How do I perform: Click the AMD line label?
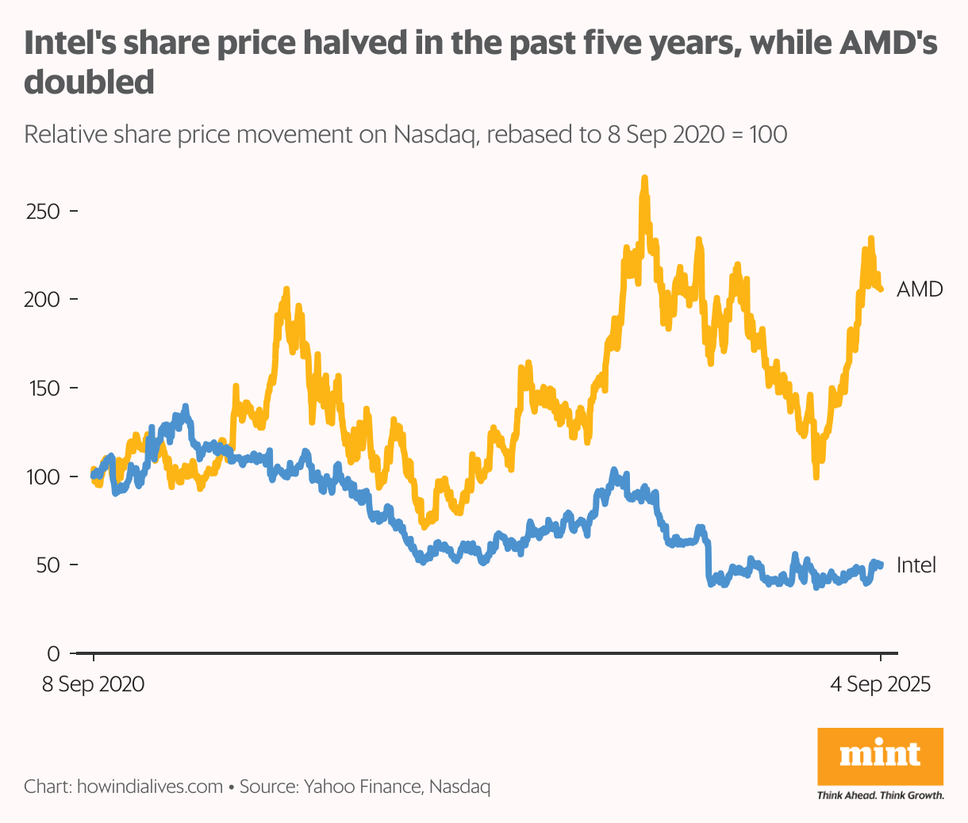[x=919, y=289]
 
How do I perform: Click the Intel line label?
[x=916, y=565]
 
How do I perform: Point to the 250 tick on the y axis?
[x=43, y=212]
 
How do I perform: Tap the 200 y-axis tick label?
[x=43, y=300]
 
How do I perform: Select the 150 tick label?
[x=43, y=389]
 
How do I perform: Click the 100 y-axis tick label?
[x=43, y=477]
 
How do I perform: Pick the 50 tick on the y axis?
[x=49, y=565]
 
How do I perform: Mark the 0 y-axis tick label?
[x=54, y=654]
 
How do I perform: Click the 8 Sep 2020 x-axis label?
[x=93, y=684]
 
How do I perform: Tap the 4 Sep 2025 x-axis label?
[x=880, y=684]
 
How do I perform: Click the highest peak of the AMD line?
[x=644, y=178]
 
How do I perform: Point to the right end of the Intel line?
[x=881, y=565]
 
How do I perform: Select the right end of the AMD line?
[x=881, y=289]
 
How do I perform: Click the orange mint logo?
[x=880, y=756]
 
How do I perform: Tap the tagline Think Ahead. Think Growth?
[x=880, y=795]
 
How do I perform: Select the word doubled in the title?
[x=89, y=82]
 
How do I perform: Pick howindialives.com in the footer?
[x=149, y=787]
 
